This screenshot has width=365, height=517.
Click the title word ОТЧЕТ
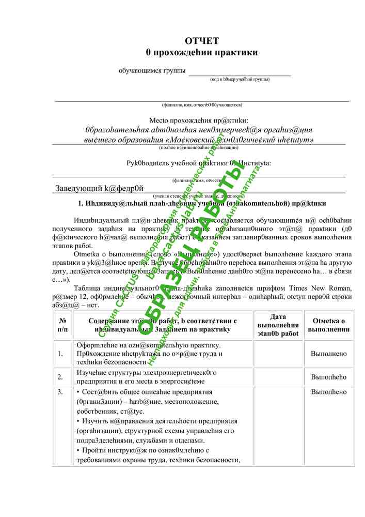[201, 41]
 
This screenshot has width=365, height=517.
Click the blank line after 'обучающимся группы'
[240, 72]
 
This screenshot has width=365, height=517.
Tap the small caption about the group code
[240, 80]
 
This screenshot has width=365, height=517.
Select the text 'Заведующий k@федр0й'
[99, 188]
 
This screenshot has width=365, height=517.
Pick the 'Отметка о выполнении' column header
[329, 325]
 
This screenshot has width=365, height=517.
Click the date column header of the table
[278, 325]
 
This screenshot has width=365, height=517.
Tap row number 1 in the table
[61, 354]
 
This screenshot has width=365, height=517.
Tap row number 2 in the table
[60, 377]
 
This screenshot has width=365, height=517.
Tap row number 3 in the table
[60, 392]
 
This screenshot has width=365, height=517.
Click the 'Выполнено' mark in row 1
[329, 354]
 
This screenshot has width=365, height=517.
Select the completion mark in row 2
[329, 377]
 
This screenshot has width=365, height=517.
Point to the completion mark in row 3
[329, 392]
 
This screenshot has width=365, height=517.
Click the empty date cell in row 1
[278, 354]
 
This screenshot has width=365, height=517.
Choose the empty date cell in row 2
[278, 377]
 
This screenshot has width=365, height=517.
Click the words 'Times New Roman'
[323, 288]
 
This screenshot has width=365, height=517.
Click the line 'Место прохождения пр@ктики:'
[199, 120]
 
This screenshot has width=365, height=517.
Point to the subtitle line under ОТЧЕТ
[201, 53]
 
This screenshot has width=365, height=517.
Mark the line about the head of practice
[199, 163]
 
